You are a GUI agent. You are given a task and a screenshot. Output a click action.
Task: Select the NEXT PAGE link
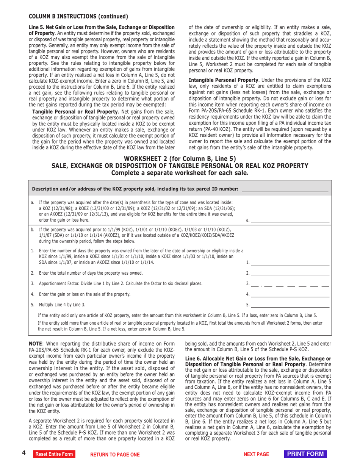coord(256,454)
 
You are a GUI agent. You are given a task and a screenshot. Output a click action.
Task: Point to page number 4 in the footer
coord(23,453)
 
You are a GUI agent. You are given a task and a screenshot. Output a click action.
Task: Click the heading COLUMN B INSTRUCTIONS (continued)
coord(78,16)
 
